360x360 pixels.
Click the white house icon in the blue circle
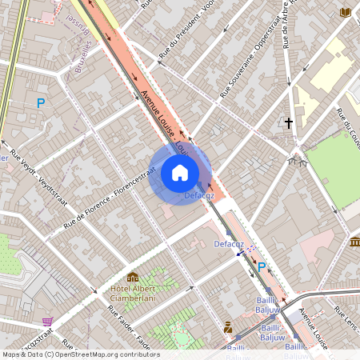[180, 173]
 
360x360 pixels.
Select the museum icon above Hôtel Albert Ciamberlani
[132, 278]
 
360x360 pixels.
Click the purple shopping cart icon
[47, 321]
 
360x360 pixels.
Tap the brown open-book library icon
[346, 12]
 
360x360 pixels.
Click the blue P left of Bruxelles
[41, 103]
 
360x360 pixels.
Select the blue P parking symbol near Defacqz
[261, 267]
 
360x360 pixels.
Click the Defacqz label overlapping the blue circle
[198, 194]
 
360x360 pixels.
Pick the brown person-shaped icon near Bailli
[228, 326]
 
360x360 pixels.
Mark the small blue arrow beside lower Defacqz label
[240, 253]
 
